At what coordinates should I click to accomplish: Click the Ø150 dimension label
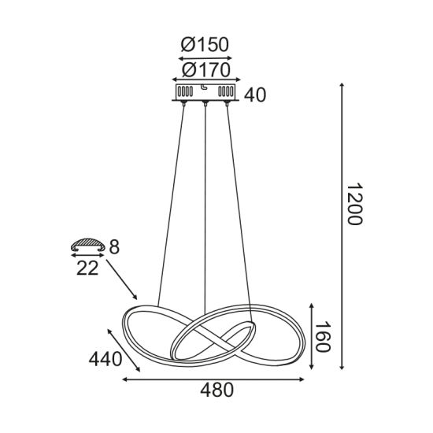click(205, 44)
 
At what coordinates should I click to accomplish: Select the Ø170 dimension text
click(205, 70)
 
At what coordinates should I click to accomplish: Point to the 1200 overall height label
click(353, 205)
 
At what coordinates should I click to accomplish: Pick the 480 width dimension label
click(218, 390)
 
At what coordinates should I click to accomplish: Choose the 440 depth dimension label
click(105, 359)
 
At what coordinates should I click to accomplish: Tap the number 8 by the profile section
click(114, 248)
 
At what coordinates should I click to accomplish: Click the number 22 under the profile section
click(87, 268)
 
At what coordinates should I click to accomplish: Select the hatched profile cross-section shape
click(87, 245)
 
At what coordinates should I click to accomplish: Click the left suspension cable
click(172, 205)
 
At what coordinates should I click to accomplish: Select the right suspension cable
click(239, 205)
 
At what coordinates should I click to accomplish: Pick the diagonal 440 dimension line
click(122, 350)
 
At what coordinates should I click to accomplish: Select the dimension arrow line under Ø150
click(205, 57)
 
